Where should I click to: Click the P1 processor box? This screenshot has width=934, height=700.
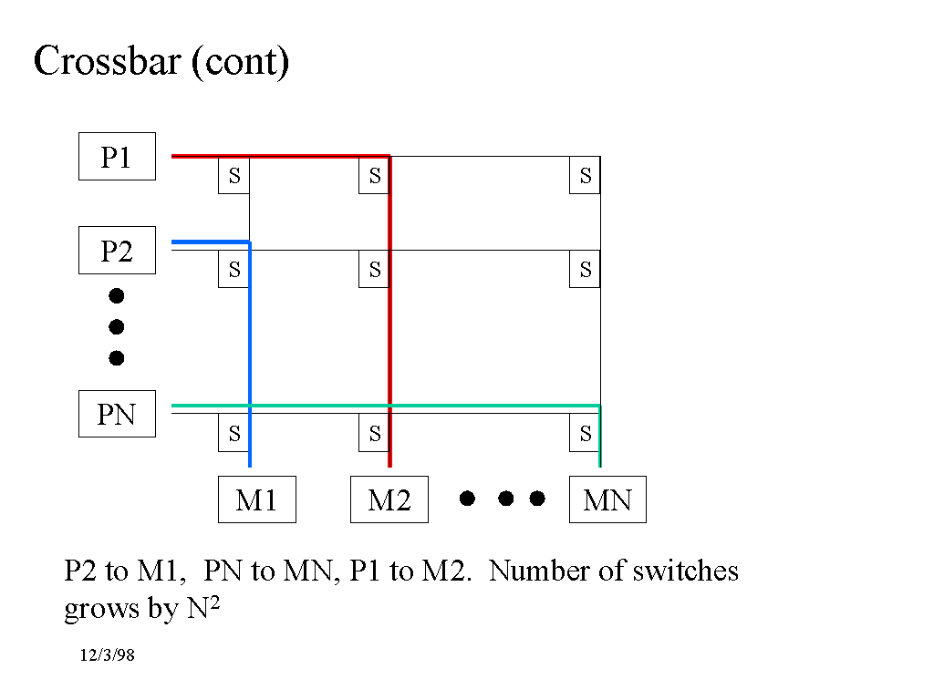pyautogui.click(x=117, y=157)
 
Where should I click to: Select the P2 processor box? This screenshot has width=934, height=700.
pyautogui.click(x=117, y=251)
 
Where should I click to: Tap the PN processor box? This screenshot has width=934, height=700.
pyautogui.click(x=117, y=415)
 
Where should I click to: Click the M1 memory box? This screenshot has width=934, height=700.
pyautogui.click(x=256, y=499)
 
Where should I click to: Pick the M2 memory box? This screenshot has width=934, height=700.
pyautogui.click(x=389, y=499)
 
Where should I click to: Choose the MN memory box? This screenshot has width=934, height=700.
pyautogui.click(x=607, y=499)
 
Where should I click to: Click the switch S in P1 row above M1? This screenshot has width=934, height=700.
pyautogui.click(x=233, y=176)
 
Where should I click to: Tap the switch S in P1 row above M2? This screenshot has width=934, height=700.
pyautogui.click(x=374, y=176)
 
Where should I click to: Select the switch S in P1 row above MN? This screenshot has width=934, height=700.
pyautogui.click(x=585, y=176)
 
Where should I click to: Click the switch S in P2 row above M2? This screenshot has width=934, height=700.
pyautogui.click(x=374, y=270)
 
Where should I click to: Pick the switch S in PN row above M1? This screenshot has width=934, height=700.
pyautogui.click(x=233, y=434)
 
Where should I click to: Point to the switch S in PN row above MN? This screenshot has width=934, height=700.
pyautogui.click(x=585, y=434)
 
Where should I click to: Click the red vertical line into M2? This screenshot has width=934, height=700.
pyautogui.click(x=389, y=346)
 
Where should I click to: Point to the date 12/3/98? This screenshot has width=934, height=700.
pyautogui.click(x=107, y=656)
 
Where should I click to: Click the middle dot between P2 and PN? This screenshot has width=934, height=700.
pyautogui.click(x=117, y=326)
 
